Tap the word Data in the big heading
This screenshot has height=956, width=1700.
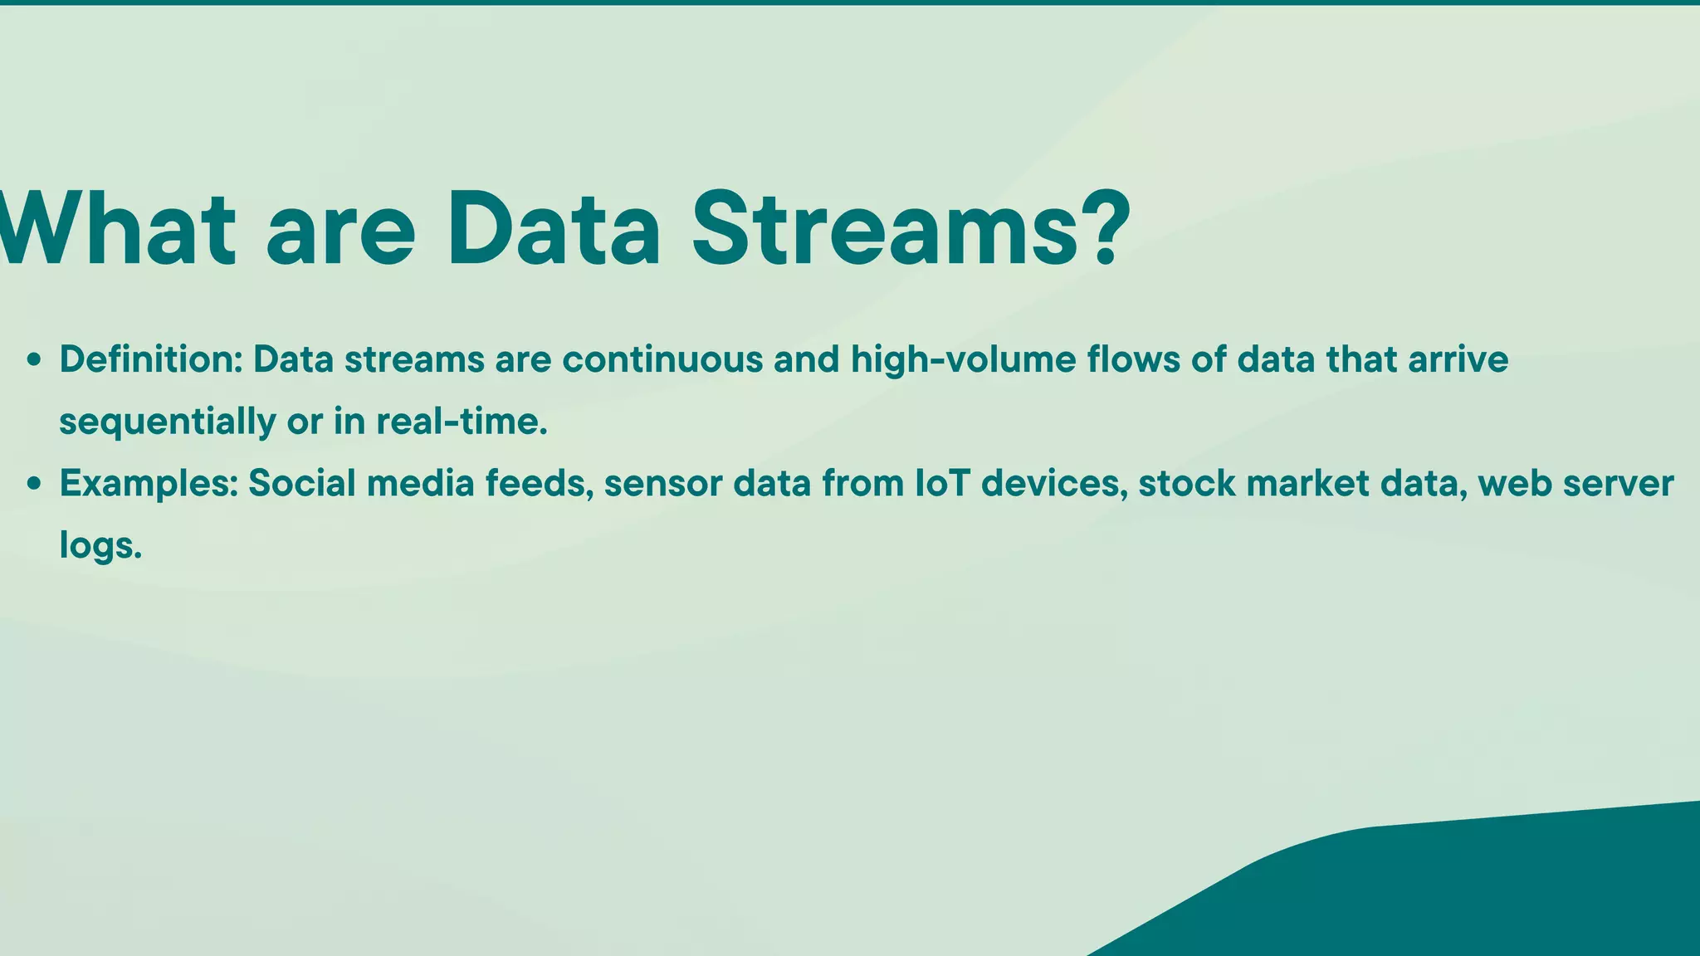point(554,229)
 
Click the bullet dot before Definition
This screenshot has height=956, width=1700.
point(34,360)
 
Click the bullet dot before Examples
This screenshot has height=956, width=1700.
point(34,484)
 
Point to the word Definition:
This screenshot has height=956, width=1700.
point(150,359)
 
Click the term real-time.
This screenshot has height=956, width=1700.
point(462,421)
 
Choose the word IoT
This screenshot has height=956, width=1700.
point(942,483)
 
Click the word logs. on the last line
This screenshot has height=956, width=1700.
point(100,546)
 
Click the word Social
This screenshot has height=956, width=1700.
point(302,483)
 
